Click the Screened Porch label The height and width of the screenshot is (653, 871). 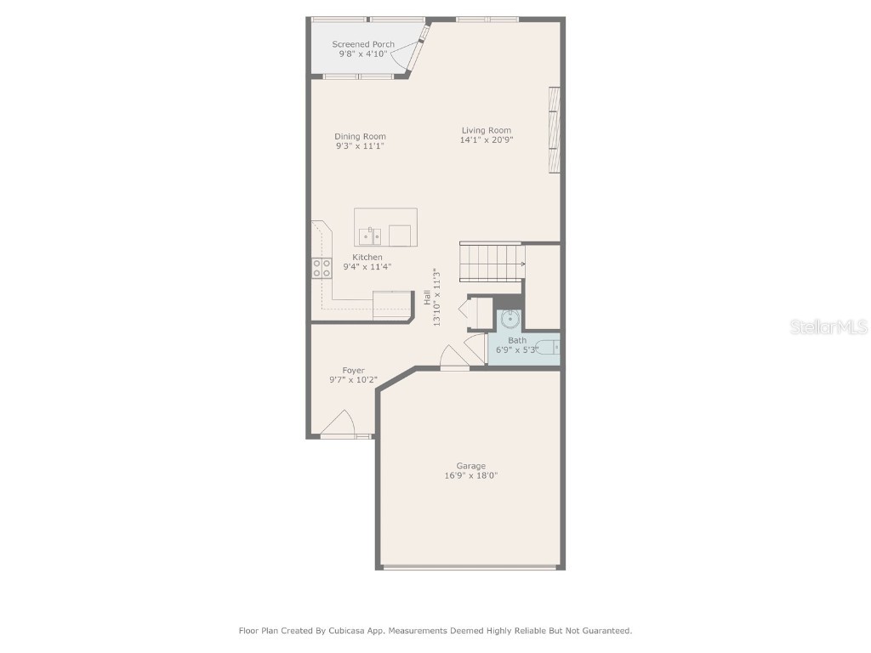[x=363, y=44]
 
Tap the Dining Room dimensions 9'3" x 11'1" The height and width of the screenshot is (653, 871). [x=360, y=146]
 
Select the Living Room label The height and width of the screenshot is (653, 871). [x=487, y=130]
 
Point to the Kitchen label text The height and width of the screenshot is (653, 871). [x=367, y=257]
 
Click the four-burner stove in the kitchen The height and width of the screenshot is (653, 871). [x=322, y=268]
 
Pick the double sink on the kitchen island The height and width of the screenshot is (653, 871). [x=369, y=236]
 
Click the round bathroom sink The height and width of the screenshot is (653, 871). [x=510, y=320]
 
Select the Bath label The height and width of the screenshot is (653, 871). [x=517, y=340]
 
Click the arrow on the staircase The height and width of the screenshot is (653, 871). [x=521, y=264]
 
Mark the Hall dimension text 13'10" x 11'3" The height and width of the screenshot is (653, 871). [x=437, y=298]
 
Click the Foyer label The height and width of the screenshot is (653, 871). [x=353, y=371]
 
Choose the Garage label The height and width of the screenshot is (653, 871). [x=470, y=466]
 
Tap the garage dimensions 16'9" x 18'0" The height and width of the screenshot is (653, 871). [x=470, y=476]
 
